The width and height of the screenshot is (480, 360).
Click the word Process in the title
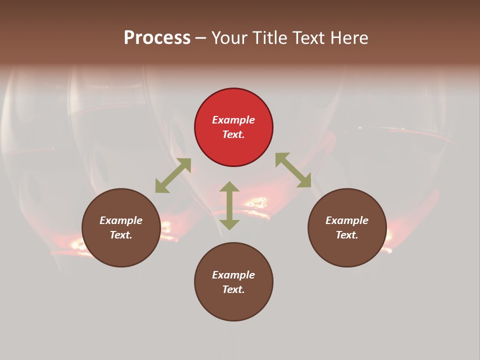pyautogui.click(x=157, y=37)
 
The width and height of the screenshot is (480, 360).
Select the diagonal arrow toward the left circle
pyautogui.click(x=173, y=175)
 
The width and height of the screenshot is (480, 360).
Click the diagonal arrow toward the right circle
pyautogui.click(x=293, y=170)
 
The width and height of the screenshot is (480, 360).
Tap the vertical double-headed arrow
pyautogui.click(x=229, y=205)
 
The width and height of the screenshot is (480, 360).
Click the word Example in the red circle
pyautogui.click(x=233, y=120)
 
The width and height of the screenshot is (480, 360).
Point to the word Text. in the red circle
pyautogui.click(x=233, y=134)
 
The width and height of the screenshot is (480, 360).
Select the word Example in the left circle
pyautogui.click(x=121, y=220)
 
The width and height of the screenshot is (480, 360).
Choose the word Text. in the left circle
pyautogui.click(x=121, y=235)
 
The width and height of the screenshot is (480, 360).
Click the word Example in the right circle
pyautogui.click(x=347, y=220)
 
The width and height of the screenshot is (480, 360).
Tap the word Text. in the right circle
pyautogui.click(x=347, y=235)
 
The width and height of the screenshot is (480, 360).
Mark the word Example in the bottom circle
pyautogui.click(x=233, y=275)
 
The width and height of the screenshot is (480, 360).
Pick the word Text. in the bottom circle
pyautogui.click(x=233, y=289)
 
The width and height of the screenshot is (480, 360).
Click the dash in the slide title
pyautogui.click(x=200, y=38)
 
